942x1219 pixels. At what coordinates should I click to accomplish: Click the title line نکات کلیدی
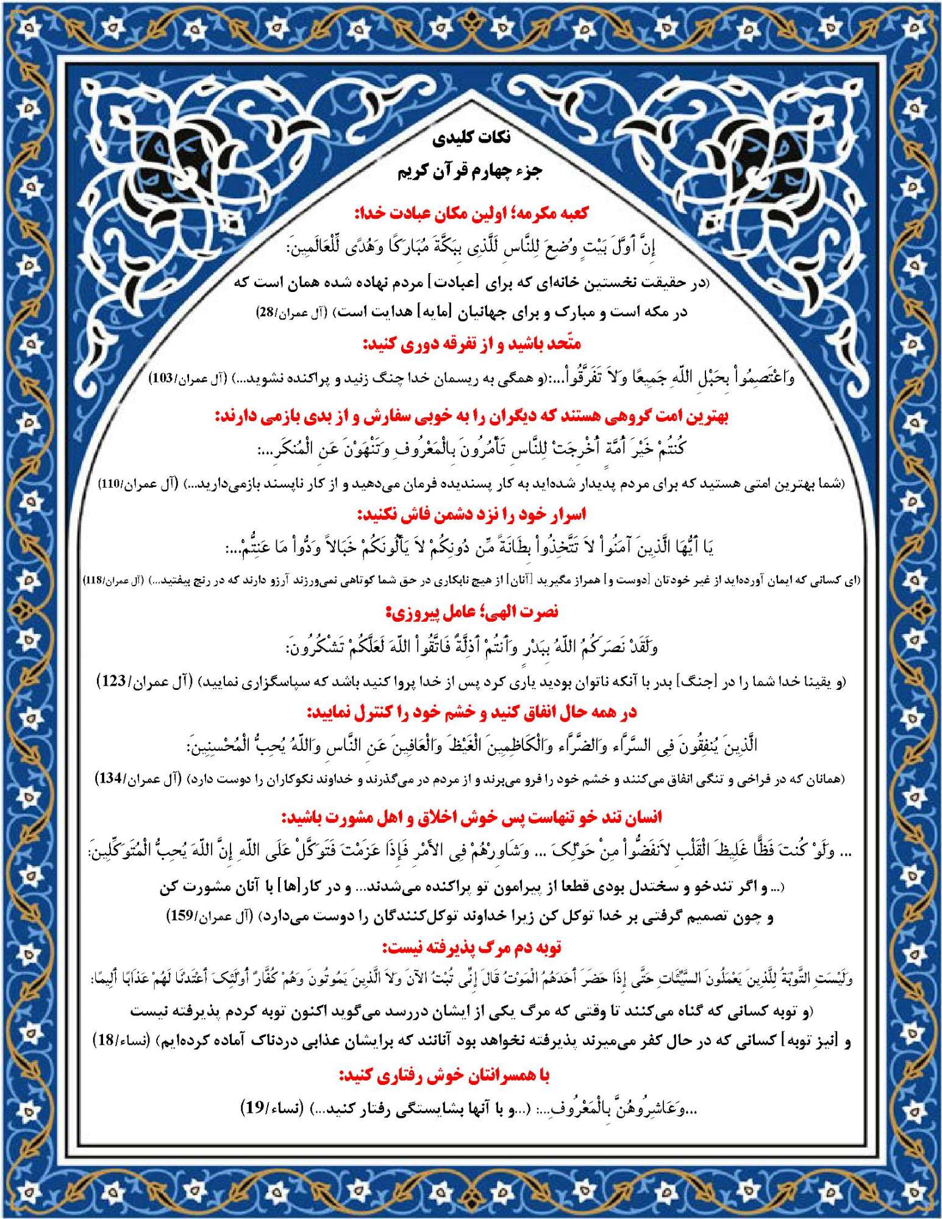[x=471, y=138]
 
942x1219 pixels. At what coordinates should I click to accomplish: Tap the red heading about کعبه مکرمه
[x=471, y=213]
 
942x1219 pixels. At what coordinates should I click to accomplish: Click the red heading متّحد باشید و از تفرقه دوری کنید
[x=471, y=344]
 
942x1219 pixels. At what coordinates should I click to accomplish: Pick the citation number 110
[x=110, y=484]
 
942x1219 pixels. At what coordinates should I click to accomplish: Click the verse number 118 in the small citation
[x=93, y=580]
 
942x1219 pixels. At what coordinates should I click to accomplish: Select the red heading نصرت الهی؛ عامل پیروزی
[x=471, y=612]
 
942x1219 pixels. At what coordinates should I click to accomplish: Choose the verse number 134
[x=110, y=779]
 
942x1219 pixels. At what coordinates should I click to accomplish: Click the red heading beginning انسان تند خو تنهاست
[x=471, y=817]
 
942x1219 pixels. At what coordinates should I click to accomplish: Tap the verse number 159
[x=181, y=916]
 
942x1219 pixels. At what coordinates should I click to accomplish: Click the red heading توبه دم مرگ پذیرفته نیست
[x=471, y=948]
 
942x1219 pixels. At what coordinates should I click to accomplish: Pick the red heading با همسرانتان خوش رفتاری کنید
[x=444, y=1076]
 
